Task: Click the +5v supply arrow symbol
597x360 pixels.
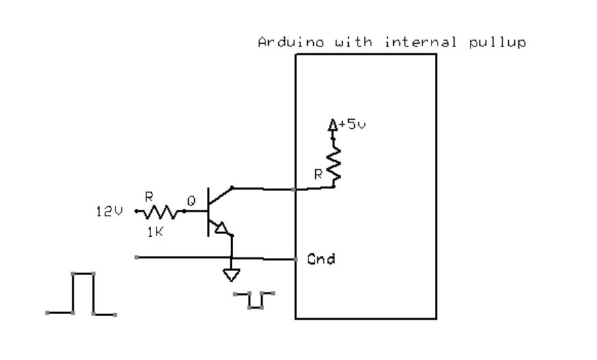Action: (333, 126)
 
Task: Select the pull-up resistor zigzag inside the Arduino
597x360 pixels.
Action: (335, 164)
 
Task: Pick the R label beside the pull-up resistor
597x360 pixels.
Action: (318, 175)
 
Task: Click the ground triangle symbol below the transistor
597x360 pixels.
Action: (232, 275)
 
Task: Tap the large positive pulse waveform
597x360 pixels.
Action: (82, 293)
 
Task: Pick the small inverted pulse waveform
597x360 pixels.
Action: (254, 299)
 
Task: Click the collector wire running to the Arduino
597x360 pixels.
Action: (263, 188)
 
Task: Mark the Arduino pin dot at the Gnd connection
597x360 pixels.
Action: (295, 259)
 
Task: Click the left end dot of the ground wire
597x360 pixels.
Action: (137, 257)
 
